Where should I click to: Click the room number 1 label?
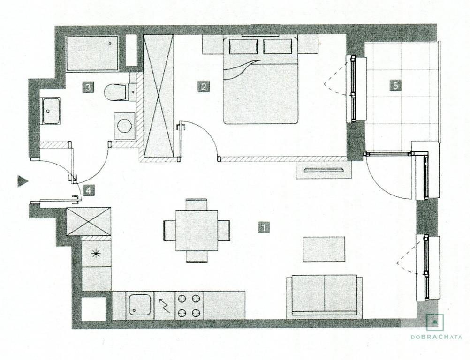tap(264, 227)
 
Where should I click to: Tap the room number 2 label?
tap(204, 87)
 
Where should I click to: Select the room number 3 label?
tap(88, 88)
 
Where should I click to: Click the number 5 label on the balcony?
tap(395, 86)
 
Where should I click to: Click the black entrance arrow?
tap(23, 181)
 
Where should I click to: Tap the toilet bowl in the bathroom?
tap(115, 92)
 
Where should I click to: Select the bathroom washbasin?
tap(51, 111)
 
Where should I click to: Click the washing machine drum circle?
tap(125, 126)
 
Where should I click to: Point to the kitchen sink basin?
tap(140, 305)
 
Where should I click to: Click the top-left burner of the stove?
tap(182, 299)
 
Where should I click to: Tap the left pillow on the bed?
tap(243, 46)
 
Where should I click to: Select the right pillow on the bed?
tap(278, 46)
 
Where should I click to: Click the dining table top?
tap(197, 231)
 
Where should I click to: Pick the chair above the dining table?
tap(197, 204)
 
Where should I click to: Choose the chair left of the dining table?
tap(170, 231)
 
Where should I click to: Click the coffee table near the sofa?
tap(324, 249)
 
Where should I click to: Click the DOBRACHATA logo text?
tap(436, 337)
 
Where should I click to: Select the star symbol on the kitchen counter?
tap(96, 254)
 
